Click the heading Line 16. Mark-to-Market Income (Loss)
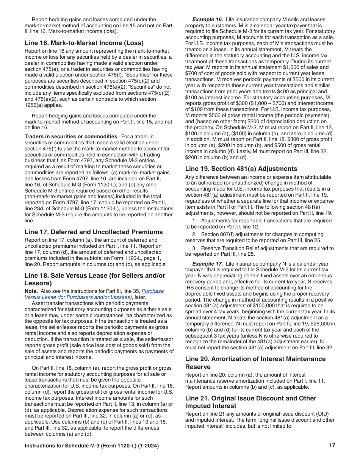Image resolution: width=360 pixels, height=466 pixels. tap(84, 43)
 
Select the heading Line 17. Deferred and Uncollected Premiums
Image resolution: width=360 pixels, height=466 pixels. tap(94, 232)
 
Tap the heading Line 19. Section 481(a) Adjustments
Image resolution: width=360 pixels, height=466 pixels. tap(241, 169)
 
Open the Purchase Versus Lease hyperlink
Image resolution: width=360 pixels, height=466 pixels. tap(94, 294)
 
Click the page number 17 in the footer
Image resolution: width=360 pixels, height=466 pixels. tap(332, 446)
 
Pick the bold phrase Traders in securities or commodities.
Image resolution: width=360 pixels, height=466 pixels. tap(72, 136)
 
